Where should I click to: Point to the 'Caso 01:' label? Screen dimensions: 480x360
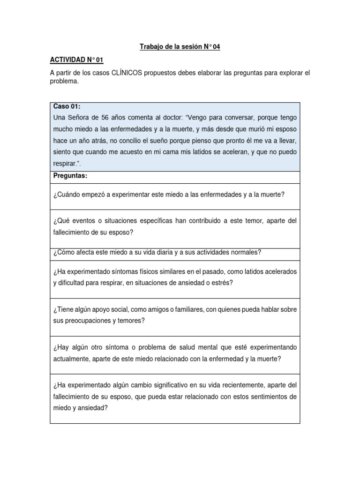click(67, 107)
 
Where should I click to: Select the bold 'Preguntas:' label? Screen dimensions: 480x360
click(71, 176)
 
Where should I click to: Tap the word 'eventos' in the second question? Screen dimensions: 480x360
click(83, 220)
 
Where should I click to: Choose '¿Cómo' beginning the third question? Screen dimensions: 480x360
click(65, 252)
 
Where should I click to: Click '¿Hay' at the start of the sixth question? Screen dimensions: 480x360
click(62, 347)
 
